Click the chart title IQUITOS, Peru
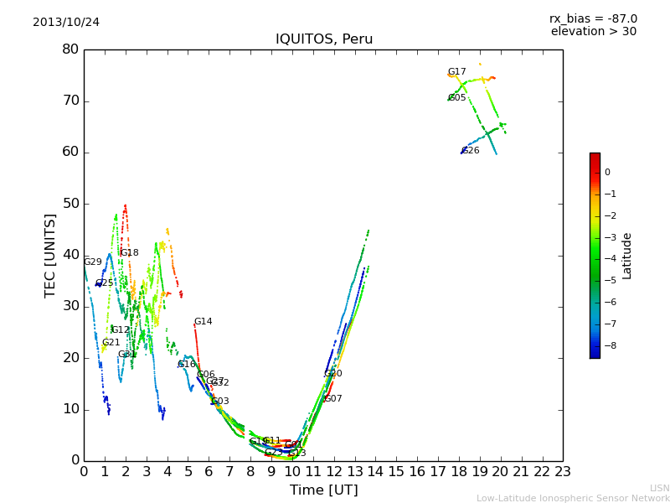coord(324,39)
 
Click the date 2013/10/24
coord(66,23)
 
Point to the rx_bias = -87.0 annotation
coord(593,18)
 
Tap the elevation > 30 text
coord(593,32)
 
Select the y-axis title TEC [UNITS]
coord(50,255)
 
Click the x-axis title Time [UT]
coord(323,490)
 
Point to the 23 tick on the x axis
coord(563,472)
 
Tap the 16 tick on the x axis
coord(417,472)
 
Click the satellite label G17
coord(456,72)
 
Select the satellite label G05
coord(456,98)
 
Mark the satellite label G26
coord(470,151)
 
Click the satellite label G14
coord(203,322)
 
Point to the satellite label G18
coord(129,253)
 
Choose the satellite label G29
coord(92,262)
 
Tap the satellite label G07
coord(332,399)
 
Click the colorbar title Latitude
coord(626,256)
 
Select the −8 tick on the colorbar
coord(607,345)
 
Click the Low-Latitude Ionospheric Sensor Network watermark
coord(573,499)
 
